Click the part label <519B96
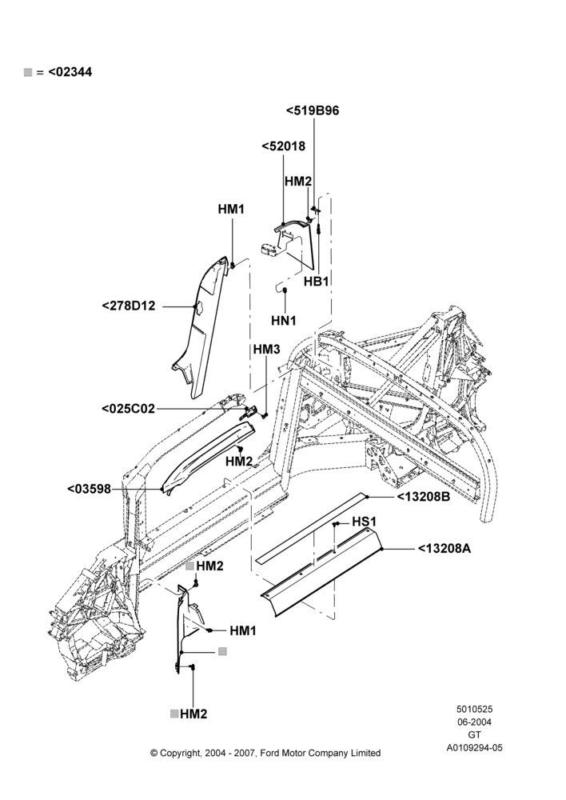[x=313, y=110]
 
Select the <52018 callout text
[x=284, y=146]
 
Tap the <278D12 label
[x=129, y=306]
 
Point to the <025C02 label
[x=128, y=409]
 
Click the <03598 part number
[x=90, y=489]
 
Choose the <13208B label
[x=423, y=497]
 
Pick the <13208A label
[x=444, y=549]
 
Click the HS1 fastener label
[x=364, y=522]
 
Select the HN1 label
[x=284, y=321]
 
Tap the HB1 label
[x=316, y=281]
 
